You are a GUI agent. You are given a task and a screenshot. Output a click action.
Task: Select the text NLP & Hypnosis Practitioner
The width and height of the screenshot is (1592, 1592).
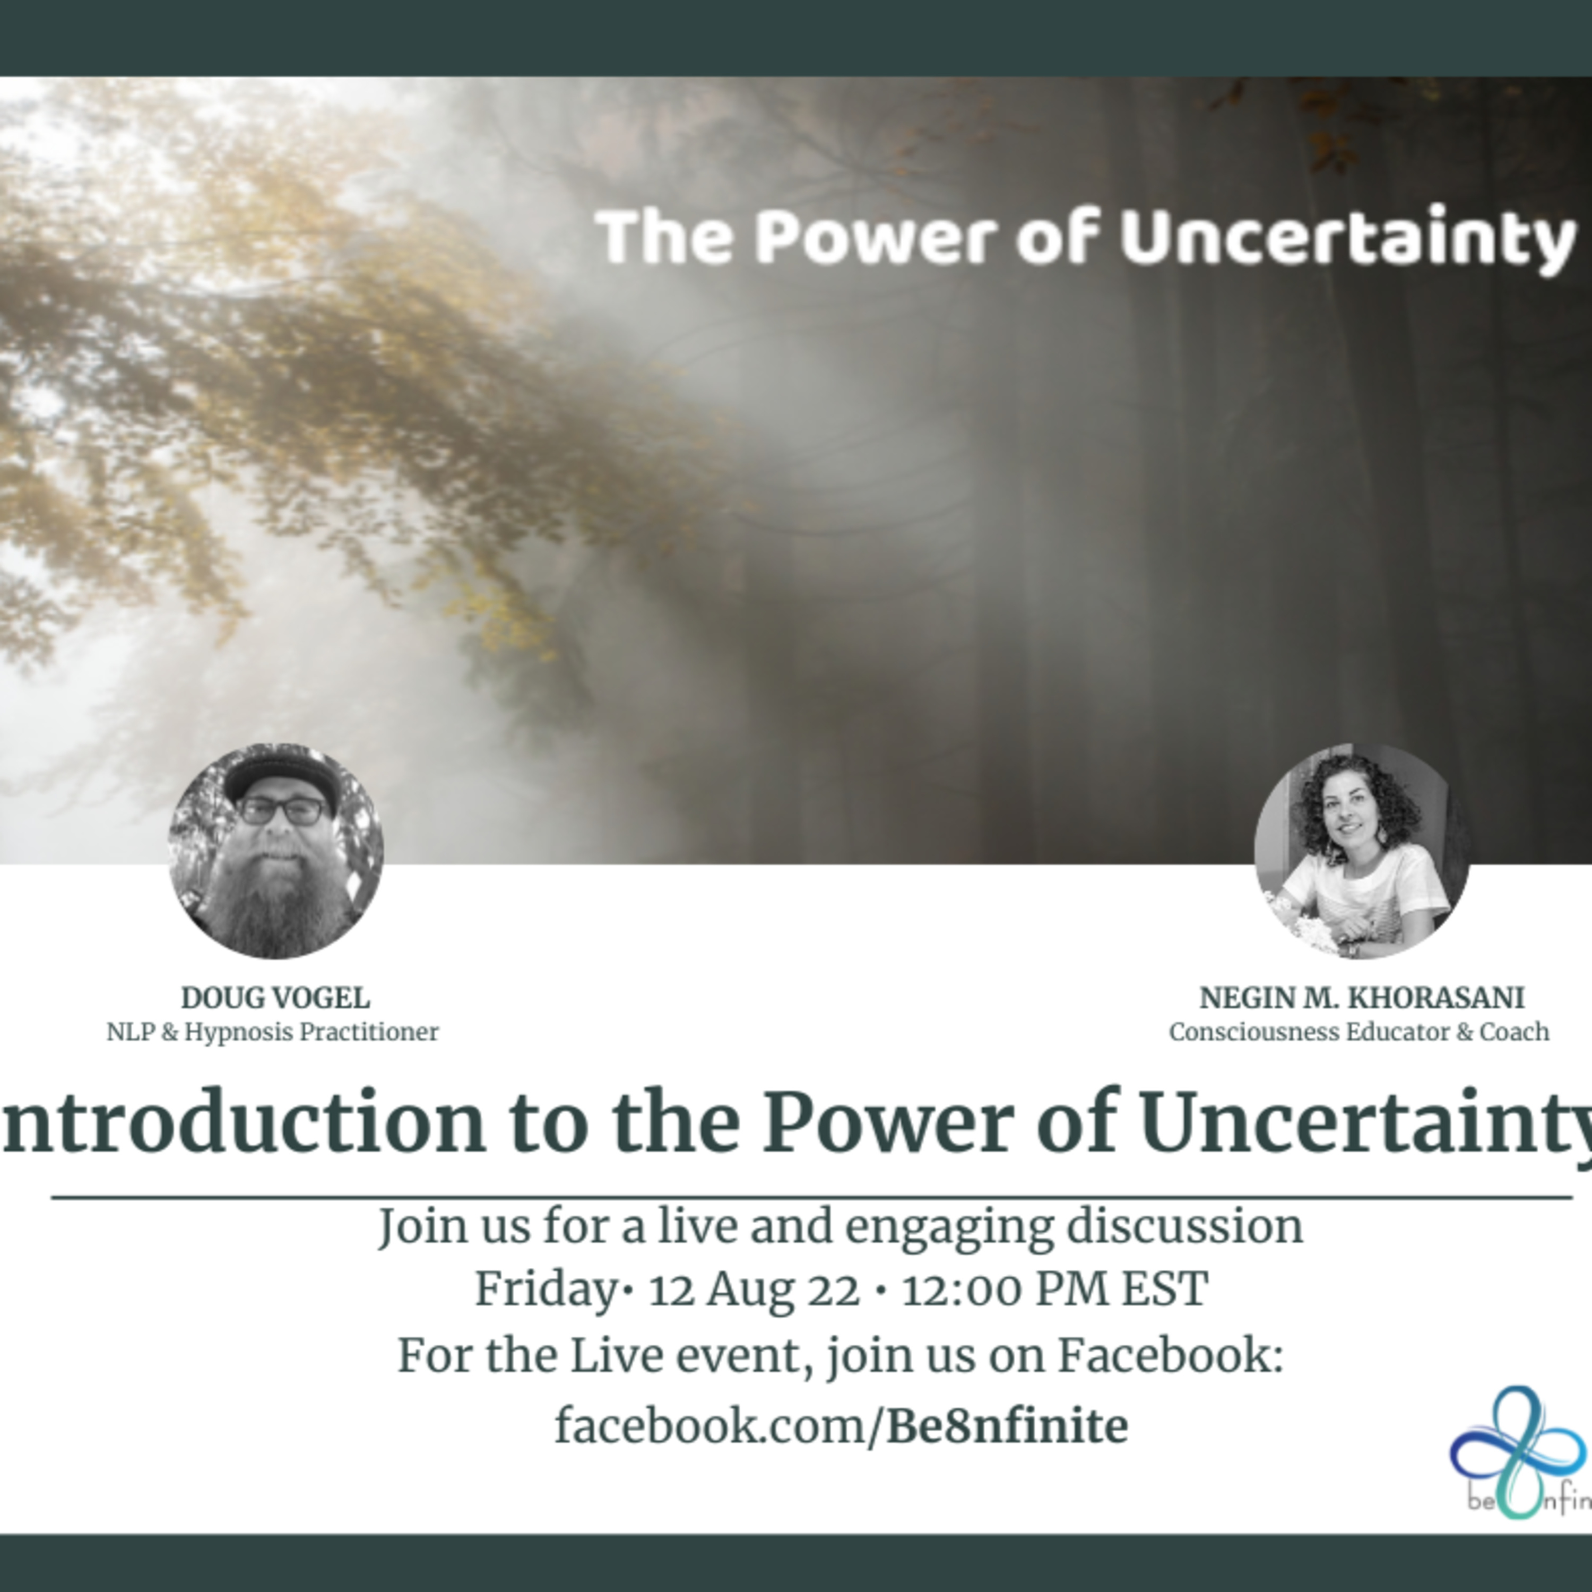point(273,1032)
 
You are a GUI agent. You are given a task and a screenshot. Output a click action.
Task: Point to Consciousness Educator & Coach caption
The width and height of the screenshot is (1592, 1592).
point(1359,1032)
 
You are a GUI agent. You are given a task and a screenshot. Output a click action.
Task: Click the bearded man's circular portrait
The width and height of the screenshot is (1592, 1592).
point(276,851)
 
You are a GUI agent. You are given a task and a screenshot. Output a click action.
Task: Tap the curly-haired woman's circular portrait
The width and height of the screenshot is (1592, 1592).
point(1361,851)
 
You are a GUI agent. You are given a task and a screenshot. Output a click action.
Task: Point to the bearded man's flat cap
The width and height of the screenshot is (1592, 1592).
point(282,775)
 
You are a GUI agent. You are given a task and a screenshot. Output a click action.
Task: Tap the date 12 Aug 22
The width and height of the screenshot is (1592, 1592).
point(754,1290)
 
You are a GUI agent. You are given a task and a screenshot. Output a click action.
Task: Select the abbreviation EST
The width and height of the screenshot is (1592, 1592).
point(1164,1290)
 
